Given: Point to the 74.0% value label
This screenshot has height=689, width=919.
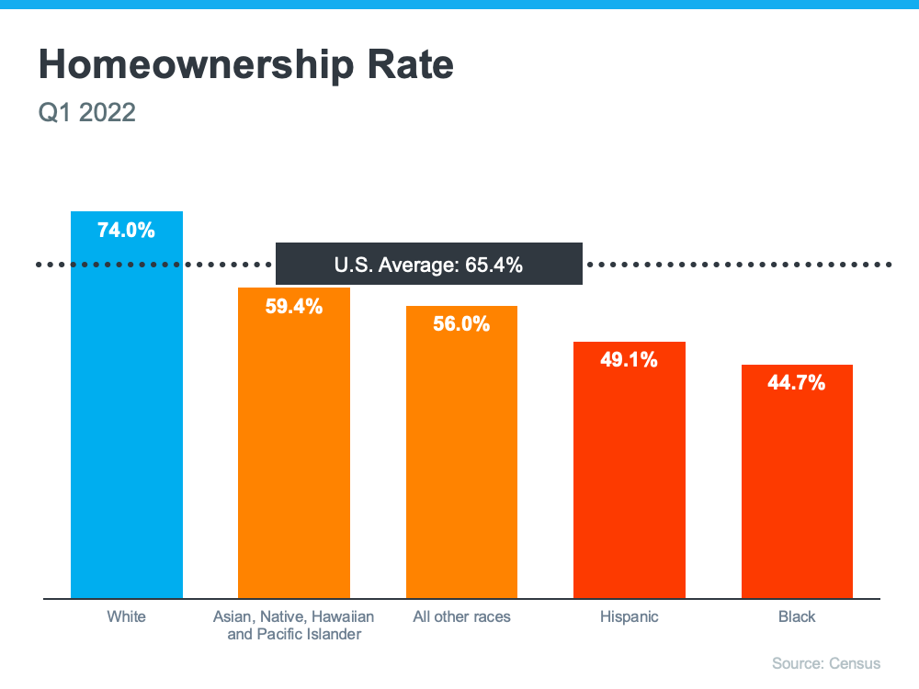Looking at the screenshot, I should (127, 231).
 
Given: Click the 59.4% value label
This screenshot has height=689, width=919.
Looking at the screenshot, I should (294, 307).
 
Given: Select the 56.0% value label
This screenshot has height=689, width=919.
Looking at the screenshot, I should (461, 324).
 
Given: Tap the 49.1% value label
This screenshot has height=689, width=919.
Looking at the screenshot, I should (630, 360).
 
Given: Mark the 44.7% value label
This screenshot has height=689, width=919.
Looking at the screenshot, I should (797, 383).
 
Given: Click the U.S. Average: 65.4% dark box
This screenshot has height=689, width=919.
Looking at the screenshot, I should (428, 265).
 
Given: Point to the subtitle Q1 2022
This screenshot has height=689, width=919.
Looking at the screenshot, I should (86, 113).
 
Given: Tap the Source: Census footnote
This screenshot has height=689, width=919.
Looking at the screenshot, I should (826, 663).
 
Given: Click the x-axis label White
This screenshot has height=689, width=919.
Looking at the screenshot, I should (127, 616).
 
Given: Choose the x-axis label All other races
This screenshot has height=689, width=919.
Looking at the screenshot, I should (461, 616).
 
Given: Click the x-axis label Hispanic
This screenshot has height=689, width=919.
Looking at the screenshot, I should (630, 616).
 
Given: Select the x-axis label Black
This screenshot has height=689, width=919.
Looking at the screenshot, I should (797, 616).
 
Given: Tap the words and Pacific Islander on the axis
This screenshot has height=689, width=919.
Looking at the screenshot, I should (294, 634).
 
